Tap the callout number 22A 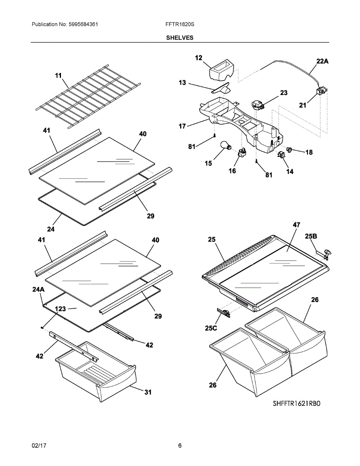tap(322, 61)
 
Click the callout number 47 tap(296, 225)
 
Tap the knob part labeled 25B tap(327, 255)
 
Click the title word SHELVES tap(180, 38)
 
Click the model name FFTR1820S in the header tap(179, 24)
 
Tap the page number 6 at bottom tap(180, 445)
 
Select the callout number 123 tap(60, 309)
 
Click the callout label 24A tap(38, 289)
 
